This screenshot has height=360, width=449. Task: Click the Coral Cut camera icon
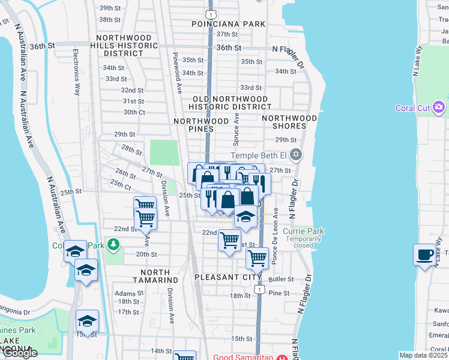(x=439, y=107)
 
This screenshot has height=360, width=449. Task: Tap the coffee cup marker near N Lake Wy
(x=424, y=254)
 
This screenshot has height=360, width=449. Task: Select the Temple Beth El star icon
(x=295, y=155)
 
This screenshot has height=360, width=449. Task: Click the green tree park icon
(x=113, y=245)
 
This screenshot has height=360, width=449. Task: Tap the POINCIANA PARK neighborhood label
(x=228, y=24)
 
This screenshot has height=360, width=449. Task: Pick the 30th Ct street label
(x=134, y=112)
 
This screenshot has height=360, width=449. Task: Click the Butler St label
(x=281, y=280)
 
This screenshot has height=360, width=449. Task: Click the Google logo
(x=19, y=353)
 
